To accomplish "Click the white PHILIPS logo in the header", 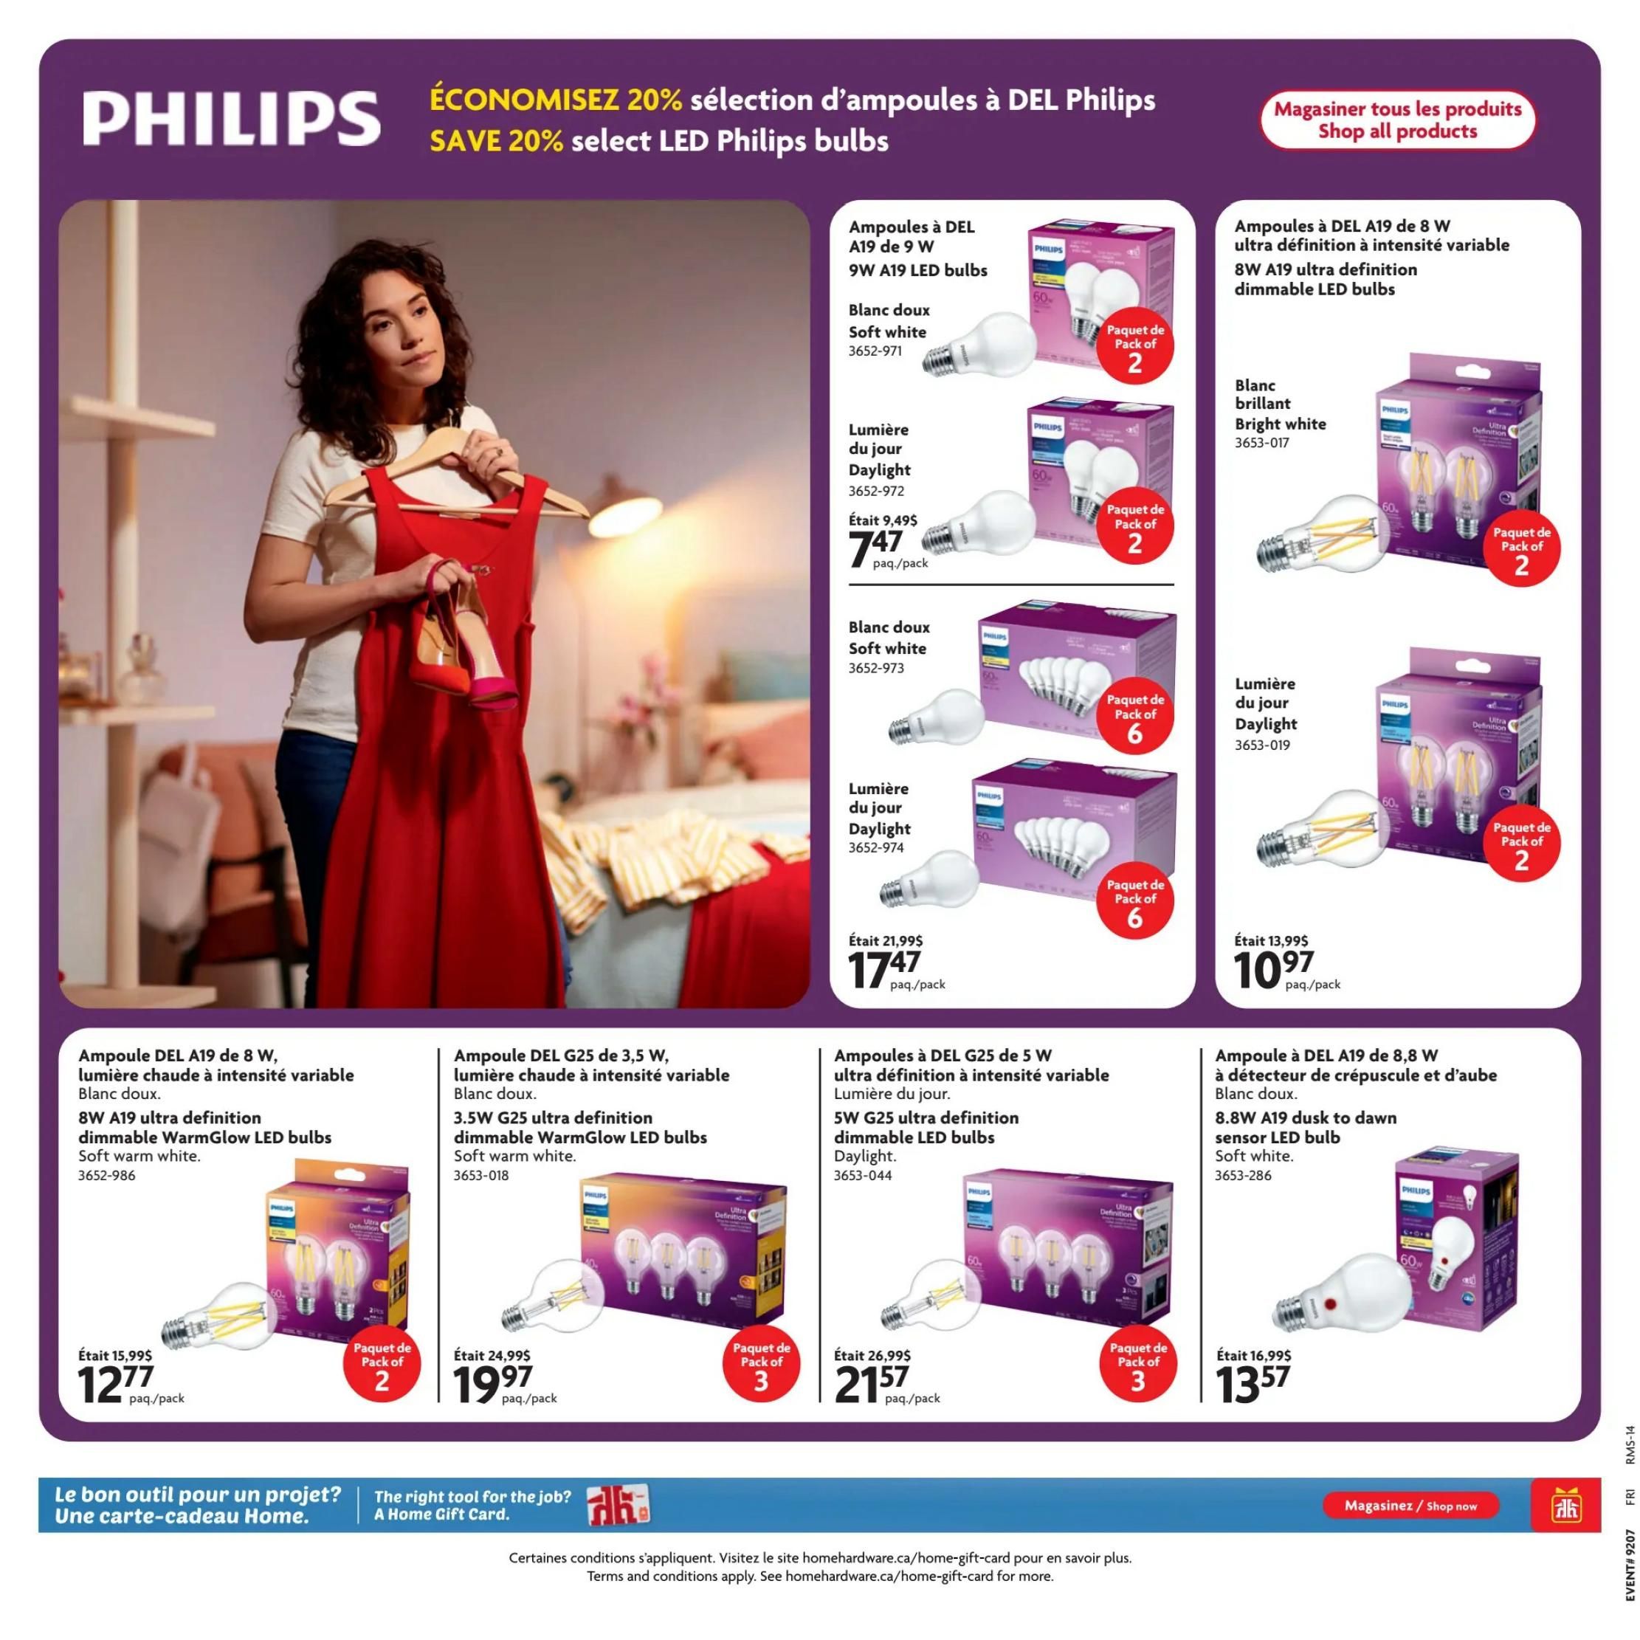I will click(231, 118).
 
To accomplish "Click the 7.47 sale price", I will click(876, 548).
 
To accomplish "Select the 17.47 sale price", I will click(883, 969).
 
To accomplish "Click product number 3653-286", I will click(1243, 1175).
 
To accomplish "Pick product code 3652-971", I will click(875, 351).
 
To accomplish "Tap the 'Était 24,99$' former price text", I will click(492, 1355).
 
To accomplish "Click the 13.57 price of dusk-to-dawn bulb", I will click(1251, 1385).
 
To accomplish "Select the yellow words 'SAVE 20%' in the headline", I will click(496, 141).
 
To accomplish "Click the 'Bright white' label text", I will click(1280, 424).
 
